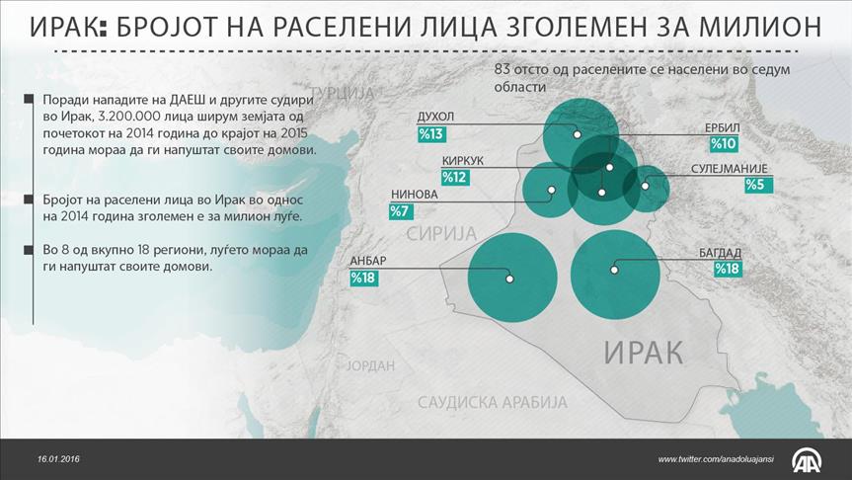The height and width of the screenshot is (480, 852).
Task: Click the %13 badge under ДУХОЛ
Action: pos(431,133)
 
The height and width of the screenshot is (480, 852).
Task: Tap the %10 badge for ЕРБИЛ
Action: pos(724,144)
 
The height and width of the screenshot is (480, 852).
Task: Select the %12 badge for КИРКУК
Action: pos(455,177)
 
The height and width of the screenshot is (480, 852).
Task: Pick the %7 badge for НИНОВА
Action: pos(401,211)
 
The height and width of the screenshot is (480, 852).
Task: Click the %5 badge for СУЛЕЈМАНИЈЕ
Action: pos(758,185)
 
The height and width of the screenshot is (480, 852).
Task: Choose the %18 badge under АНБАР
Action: pos(363,279)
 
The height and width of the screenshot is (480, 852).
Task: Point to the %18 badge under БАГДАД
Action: pos(727,269)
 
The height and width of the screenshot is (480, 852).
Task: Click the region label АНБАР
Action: pos(368,261)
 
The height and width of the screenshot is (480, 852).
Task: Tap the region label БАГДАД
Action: pos(720,253)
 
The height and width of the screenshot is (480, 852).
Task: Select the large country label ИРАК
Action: pos(644,353)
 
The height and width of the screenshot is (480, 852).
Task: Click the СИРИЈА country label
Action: pos(441,234)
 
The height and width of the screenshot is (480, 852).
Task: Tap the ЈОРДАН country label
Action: pos(370,365)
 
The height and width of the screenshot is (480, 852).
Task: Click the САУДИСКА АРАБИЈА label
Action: pos(493,402)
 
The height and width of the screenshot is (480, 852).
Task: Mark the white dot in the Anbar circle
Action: pos(509,279)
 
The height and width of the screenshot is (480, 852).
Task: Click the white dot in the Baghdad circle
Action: pos(614,270)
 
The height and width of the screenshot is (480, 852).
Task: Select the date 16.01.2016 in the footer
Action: pos(58,459)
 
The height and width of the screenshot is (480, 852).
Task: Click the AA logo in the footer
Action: pos(807,460)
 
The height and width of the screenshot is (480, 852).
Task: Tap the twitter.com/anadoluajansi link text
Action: pos(716,460)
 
